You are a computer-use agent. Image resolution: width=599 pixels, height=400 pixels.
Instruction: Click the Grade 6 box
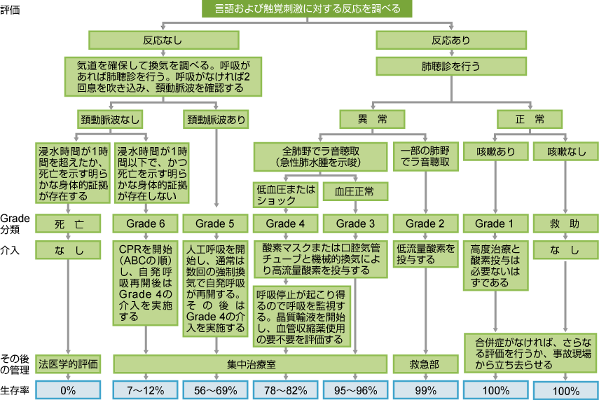pos(146,223)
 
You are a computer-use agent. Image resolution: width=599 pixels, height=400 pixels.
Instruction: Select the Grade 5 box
pos(215,223)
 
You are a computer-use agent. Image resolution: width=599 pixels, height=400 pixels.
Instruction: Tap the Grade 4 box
pos(285,223)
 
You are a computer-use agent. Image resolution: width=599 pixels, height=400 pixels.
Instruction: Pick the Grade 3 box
pos(355,223)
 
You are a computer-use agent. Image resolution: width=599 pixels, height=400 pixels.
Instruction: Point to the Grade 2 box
pos(425,223)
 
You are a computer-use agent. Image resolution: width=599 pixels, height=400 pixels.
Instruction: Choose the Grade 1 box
pos(495,223)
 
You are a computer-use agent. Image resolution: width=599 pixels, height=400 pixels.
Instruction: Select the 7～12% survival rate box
pos(146,389)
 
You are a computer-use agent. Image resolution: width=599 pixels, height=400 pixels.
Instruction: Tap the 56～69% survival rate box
pos(215,389)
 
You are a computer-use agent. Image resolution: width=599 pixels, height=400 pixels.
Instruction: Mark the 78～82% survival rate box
pos(285,389)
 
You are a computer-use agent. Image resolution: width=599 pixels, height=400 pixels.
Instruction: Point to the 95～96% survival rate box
pos(355,389)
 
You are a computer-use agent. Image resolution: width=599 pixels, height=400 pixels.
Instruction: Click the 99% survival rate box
pos(425,389)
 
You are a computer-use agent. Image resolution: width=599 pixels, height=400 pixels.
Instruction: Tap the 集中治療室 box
pos(250,364)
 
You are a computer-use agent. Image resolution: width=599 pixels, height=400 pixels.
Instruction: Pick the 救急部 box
pos(425,364)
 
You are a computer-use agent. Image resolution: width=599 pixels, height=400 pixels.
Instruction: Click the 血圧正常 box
pos(355,191)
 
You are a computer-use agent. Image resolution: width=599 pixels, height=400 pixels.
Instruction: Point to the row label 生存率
pos(14,389)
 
